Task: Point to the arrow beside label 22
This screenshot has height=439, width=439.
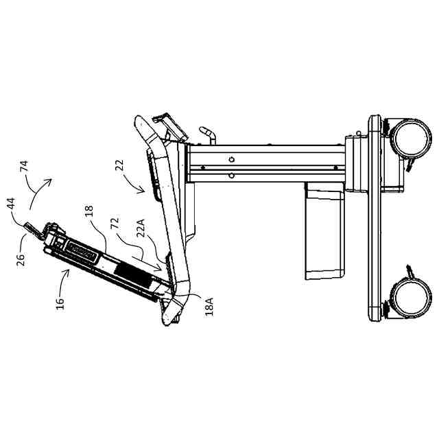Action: (x=137, y=180)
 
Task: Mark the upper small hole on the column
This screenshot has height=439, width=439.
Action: (x=231, y=160)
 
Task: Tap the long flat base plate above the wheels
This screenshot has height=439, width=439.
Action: (x=375, y=218)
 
